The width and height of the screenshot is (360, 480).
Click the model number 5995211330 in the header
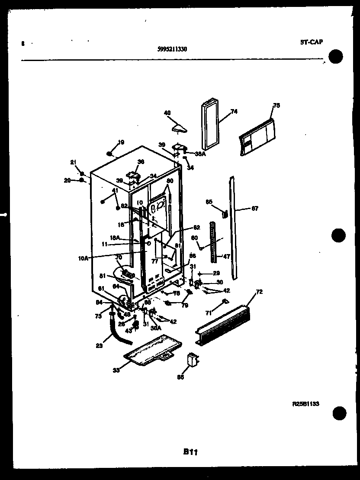(x=172, y=49)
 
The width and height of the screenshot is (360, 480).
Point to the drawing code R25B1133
(x=305, y=403)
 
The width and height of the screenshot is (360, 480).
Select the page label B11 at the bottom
(x=190, y=452)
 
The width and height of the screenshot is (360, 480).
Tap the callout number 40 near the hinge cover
(x=167, y=113)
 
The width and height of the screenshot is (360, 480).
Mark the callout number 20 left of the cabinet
(x=67, y=180)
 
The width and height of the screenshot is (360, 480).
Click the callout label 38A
(x=199, y=153)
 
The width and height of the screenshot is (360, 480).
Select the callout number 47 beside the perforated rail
(x=226, y=256)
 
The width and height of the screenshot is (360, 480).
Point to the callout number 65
(x=209, y=202)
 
